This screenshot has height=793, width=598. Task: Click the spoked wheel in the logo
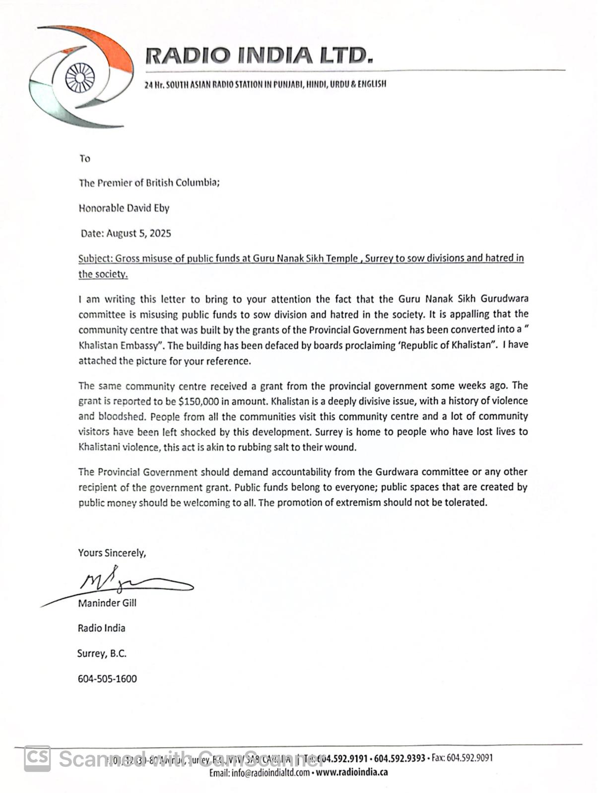(x=80, y=78)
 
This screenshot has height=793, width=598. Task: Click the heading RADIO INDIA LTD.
(x=259, y=56)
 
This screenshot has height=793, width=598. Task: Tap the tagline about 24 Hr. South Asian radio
(x=265, y=84)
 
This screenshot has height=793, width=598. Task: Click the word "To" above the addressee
(x=85, y=159)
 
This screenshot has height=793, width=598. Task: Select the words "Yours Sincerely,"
(x=112, y=553)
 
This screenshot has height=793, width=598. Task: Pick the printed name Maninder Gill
(x=107, y=603)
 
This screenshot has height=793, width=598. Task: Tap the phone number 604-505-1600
(x=107, y=679)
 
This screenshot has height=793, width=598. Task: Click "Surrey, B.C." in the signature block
(x=102, y=653)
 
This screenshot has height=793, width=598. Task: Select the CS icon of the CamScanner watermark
(x=38, y=758)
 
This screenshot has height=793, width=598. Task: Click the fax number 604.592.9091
(x=469, y=758)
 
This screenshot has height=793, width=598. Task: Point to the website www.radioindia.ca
(x=352, y=772)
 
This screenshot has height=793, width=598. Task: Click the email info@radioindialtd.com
(x=270, y=772)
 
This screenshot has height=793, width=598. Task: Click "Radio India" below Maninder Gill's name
(x=101, y=628)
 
